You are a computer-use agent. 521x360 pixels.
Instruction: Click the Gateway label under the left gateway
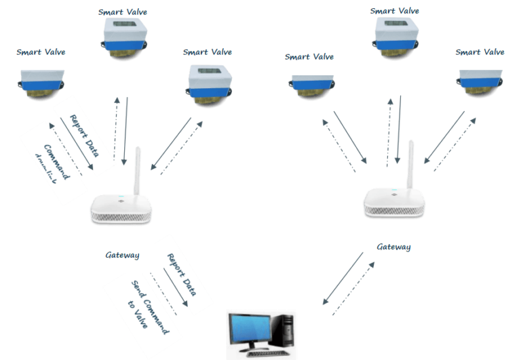(x=123, y=256)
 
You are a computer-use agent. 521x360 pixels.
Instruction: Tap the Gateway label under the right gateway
(x=393, y=247)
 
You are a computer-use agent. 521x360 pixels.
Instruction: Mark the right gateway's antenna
(x=410, y=163)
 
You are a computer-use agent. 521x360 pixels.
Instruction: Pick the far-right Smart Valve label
(x=480, y=52)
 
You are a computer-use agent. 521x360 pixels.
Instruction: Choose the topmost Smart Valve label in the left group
(x=123, y=12)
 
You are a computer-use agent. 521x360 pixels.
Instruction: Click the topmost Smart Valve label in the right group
(x=395, y=11)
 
